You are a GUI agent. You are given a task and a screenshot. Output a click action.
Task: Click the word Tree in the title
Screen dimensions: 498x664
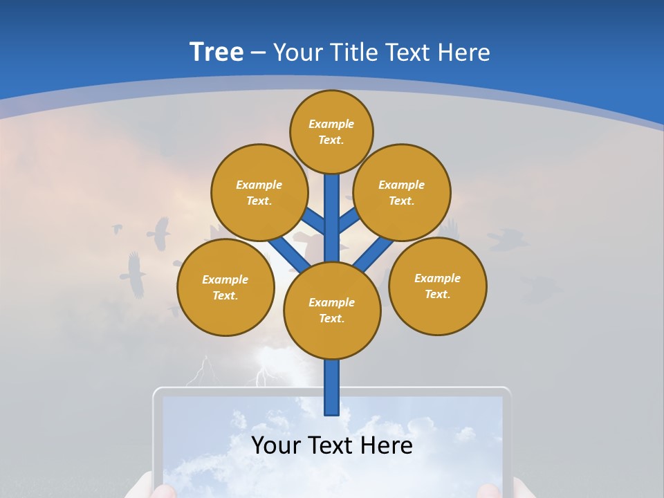click(216, 53)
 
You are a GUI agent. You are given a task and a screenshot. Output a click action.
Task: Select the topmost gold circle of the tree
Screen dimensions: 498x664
click(331, 131)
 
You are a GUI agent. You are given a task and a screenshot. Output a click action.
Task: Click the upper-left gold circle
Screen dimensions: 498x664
click(259, 192)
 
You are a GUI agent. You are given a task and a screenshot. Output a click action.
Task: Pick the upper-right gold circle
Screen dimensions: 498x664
click(401, 192)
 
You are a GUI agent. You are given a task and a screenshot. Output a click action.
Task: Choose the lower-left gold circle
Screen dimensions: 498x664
click(225, 287)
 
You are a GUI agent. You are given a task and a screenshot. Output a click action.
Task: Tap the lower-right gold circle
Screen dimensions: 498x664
click(437, 286)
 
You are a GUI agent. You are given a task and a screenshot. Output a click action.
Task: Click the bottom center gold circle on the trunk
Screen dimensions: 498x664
click(332, 311)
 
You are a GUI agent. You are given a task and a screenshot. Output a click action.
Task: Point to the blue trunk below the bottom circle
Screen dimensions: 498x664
click(332, 387)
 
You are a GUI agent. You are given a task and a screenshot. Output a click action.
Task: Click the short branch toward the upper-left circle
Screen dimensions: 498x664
click(315, 223)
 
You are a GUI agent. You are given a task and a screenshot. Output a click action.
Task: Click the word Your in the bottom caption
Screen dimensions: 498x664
click(276, 445)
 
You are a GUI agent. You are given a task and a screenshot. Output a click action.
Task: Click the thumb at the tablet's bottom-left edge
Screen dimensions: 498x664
click(163, 490)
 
